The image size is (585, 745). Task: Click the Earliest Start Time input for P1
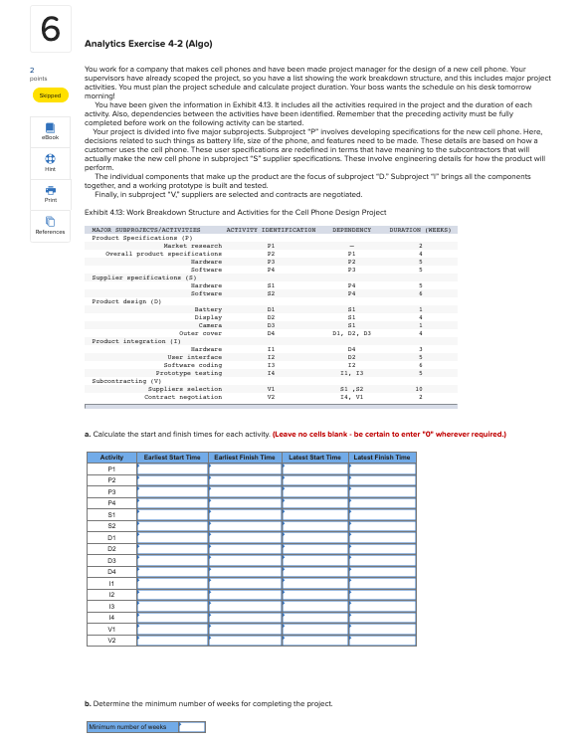pyautogui.click(x=172, y=468)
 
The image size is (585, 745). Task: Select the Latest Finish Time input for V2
pyautogui.click(x=381, y=640)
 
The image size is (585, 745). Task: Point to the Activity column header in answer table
pyautogui.click(x=111, y=457)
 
